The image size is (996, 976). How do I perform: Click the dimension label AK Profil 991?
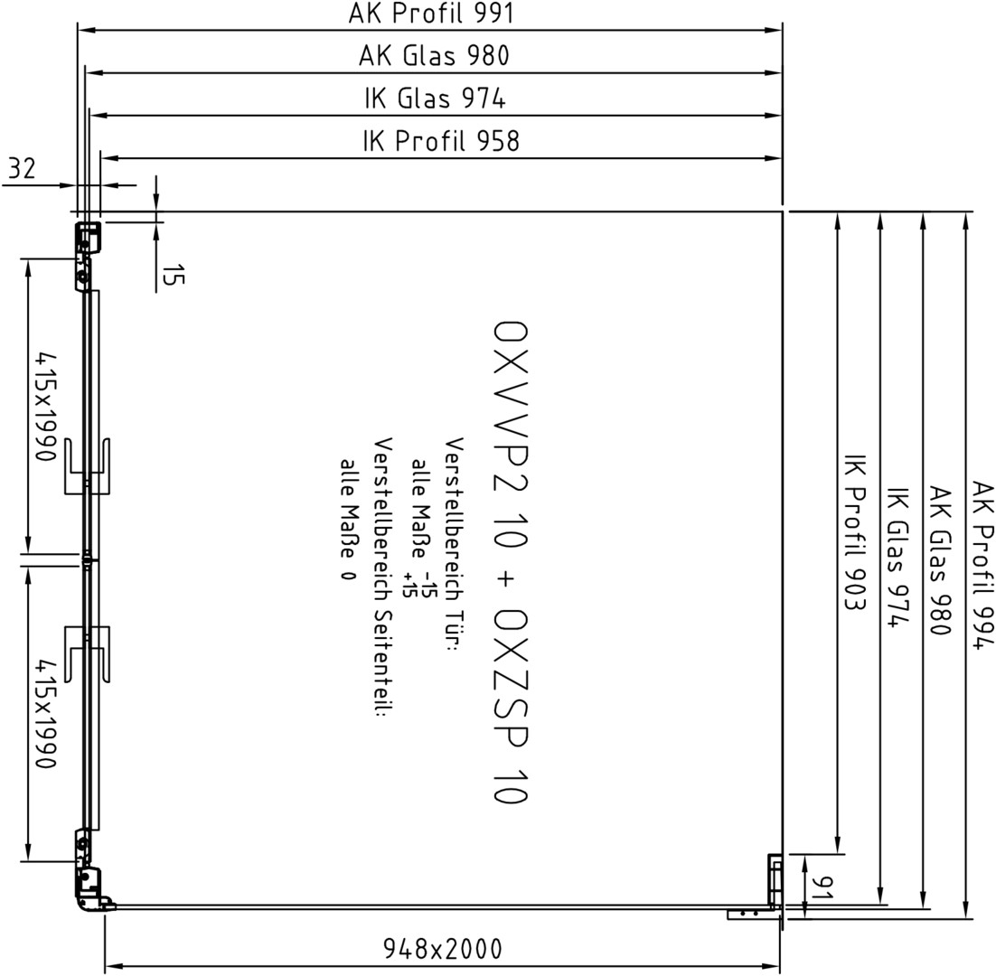point(431,13)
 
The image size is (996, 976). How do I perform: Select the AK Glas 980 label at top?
point(434,55)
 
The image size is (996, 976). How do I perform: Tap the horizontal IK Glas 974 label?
point(435,99)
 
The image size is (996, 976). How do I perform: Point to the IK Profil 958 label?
point(441,141)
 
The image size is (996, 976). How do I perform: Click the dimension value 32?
point(23,169)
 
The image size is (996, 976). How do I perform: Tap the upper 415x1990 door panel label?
point(46,407)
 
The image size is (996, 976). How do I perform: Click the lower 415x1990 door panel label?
point(46,714)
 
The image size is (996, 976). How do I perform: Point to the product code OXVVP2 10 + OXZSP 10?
point(510,562)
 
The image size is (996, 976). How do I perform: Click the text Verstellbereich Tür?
point(455,546)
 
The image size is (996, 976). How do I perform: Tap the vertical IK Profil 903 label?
point(855,532)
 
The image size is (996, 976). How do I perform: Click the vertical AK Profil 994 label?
point(982,565)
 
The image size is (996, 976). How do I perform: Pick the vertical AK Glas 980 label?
point(939,560)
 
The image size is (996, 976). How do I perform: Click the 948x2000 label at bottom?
point(443,949)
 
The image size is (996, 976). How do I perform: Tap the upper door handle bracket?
point(88,465)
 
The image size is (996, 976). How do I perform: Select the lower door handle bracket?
point(88,654)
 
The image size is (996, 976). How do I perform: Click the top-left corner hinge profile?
point(88,257)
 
